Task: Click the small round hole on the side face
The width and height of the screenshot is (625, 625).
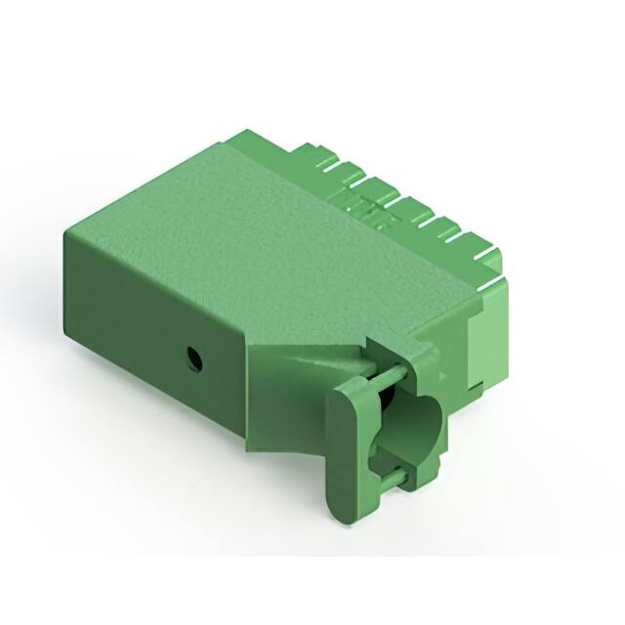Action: click(195, 359)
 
